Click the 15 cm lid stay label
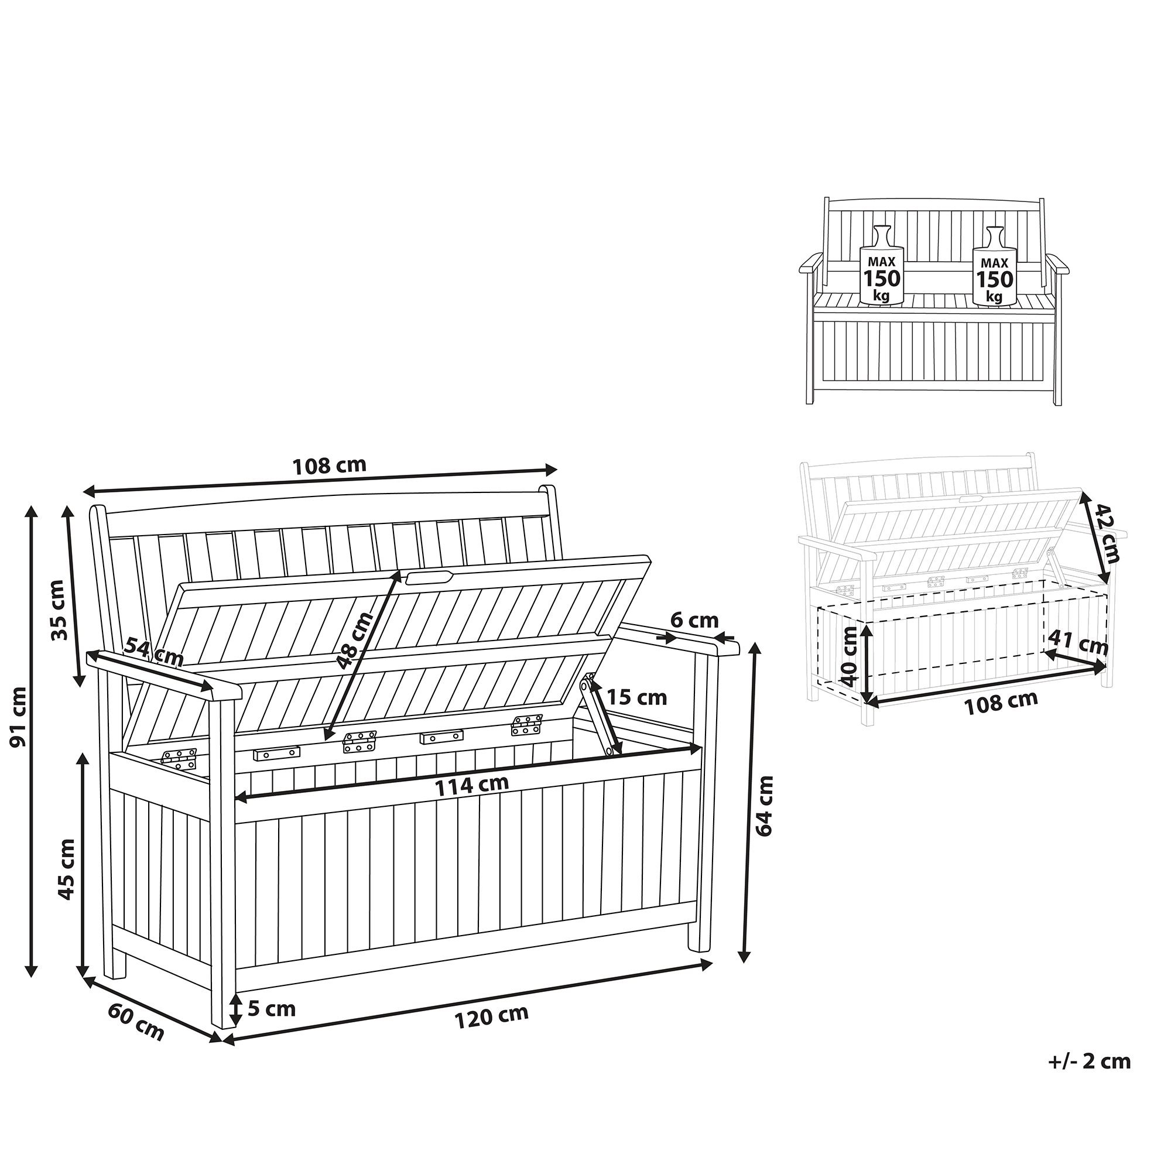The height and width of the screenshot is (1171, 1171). pos(636,698)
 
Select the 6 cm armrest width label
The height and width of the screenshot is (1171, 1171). pos(694,620)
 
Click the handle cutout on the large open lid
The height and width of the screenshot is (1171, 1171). pos(429,576)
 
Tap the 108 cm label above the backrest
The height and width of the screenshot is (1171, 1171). pos(330,465)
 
